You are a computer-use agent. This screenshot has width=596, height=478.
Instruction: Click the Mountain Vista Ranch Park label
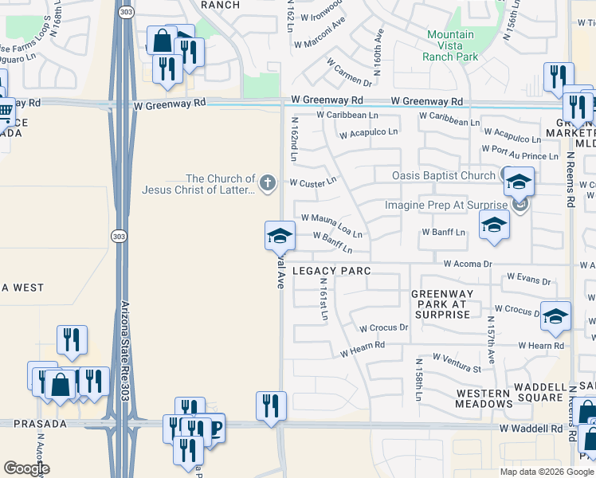click(x=452, y=45)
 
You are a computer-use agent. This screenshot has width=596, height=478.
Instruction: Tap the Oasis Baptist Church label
click(x=444, y=175)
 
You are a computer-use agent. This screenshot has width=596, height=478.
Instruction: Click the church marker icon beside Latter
click(x=267, y=184)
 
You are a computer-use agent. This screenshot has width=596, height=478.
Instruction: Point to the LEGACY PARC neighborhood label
click(x=331, y=271)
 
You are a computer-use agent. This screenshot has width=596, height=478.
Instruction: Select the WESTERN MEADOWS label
click(x=483, y=398)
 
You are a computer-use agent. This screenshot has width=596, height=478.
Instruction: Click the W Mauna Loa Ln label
click(x=332, y=225)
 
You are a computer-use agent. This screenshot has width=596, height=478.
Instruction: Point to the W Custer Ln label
click(x=314, y=182)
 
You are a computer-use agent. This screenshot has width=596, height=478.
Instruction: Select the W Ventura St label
click(x=457, y=362)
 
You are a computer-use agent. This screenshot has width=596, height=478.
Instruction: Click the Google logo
click(x=26, y=468)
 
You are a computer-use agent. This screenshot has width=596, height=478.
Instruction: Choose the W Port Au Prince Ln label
click(x=520, y=152)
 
